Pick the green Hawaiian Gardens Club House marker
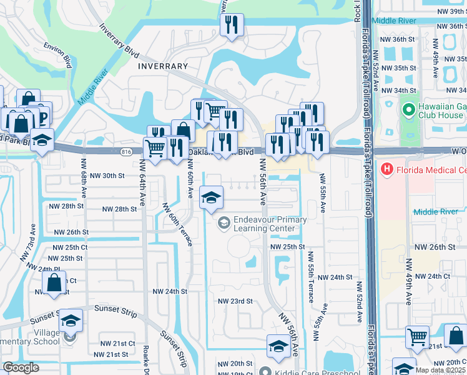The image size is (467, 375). point(409,111)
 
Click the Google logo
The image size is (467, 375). point(21,367)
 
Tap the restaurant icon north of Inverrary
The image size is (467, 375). point(232,25)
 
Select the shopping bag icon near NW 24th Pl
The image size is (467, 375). point(56,282)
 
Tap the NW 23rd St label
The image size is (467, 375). point(235,301)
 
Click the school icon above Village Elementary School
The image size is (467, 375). point(71,321)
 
